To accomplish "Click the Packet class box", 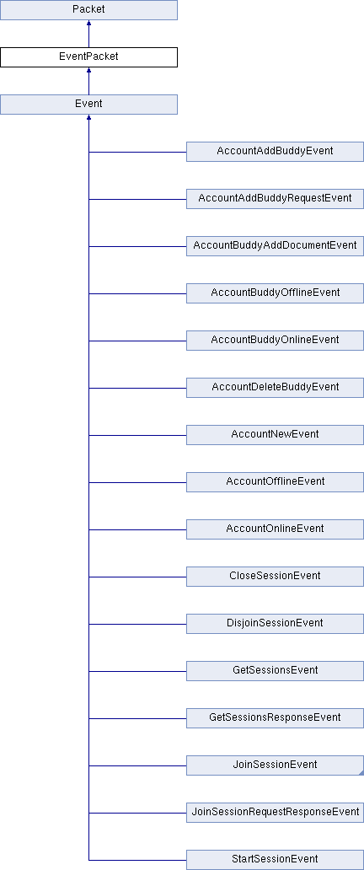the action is (88, 10).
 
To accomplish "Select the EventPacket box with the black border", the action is (88, 57).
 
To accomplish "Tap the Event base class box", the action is (88, 105).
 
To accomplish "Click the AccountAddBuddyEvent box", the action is (275, 152).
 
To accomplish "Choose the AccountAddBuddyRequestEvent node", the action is (275, 199).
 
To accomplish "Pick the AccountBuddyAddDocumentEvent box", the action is (275, 246).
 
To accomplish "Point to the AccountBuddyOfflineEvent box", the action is (275, 293).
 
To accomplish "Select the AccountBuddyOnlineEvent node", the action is (275, 340).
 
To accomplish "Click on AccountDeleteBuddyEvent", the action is (275, 387).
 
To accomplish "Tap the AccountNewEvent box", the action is (275, 434).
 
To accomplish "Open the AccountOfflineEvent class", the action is (275, 481).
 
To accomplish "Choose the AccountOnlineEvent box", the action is (275, 529).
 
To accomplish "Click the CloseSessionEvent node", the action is (275, 576).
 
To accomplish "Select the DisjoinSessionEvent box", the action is (275, 623).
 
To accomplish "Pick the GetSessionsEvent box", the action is (275, 670).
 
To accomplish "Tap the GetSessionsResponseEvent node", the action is (275, 717).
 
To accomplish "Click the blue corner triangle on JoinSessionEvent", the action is (361, 773).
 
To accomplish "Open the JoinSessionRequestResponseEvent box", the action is (275, 812).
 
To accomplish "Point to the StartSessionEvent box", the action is (275, 859).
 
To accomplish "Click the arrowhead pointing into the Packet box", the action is (88, 24).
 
